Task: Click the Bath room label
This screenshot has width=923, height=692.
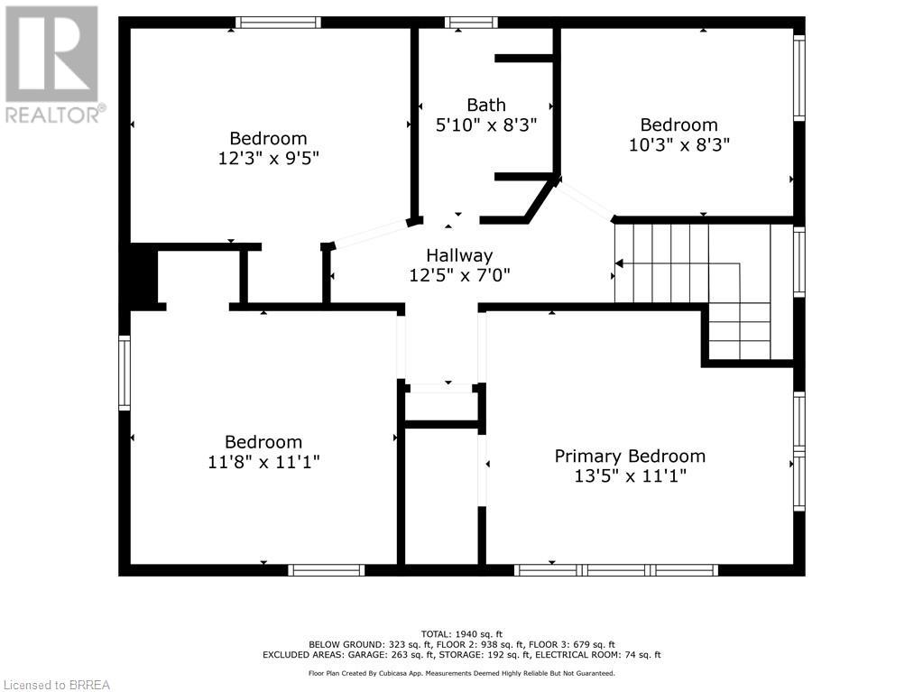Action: (486, 105)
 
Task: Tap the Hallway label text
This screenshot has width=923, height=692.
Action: (459, 255)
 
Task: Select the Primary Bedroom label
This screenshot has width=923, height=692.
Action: (630, 456)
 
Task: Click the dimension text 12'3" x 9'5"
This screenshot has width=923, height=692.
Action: (269, 158)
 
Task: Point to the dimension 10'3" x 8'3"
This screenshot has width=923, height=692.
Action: (679, 144)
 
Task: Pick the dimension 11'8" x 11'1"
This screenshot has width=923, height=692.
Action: (263, 461)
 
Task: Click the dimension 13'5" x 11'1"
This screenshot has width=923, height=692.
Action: (631, 475)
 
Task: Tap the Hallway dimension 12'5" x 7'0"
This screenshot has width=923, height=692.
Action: (460, 275)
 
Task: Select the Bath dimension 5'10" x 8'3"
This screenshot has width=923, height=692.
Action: (486, 125)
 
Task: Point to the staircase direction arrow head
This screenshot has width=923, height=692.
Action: (619, 263)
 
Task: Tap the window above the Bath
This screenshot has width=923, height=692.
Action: (471, 23)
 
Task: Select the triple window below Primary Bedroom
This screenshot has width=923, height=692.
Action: (616, 569)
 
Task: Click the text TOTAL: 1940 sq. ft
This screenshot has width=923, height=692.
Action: (462, 633)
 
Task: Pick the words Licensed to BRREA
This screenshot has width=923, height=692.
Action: (57, 685)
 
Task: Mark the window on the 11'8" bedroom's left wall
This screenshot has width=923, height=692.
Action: (125, 373)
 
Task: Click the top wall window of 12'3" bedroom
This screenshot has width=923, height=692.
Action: (279, 23)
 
